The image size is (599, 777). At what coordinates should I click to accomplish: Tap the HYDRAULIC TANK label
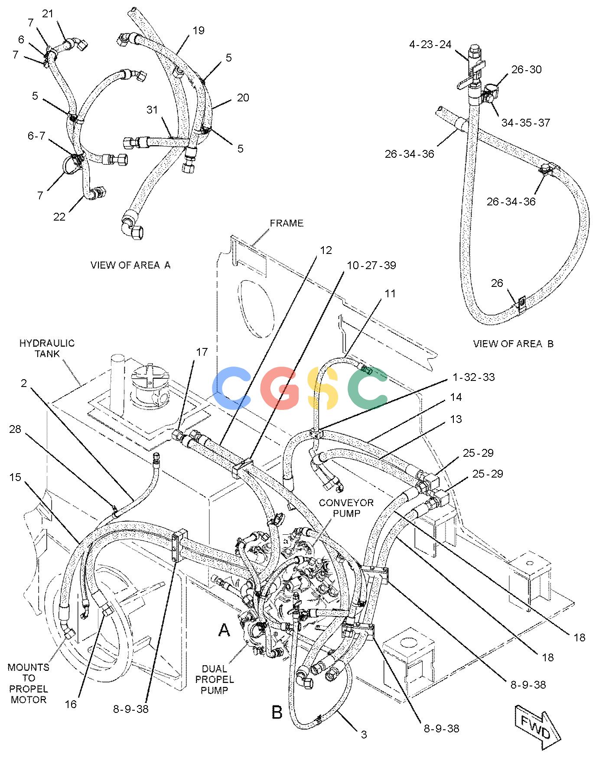coord(47,348)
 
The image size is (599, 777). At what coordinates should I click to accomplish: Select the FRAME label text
coord(286,223)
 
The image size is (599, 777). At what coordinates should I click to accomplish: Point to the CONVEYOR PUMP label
coord(346,508)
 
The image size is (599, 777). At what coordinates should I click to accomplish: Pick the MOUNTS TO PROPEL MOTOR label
coord(29,683)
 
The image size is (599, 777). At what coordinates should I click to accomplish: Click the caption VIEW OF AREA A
coord(130,265)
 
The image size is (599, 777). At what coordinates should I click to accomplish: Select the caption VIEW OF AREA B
coord(513,344)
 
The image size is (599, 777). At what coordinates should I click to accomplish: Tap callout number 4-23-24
coord(430,45)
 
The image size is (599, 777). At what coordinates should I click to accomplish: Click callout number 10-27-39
coord(371,265)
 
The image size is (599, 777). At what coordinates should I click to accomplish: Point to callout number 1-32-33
coord(474,377)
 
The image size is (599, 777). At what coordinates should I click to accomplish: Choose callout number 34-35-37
coord(526,123)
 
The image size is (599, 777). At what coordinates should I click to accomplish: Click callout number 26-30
coord(527,69)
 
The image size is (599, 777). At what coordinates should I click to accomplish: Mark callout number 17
coord(202,352)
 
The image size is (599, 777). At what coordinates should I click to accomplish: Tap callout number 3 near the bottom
coord(364,734)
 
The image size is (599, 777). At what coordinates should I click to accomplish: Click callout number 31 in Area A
coord(152,110)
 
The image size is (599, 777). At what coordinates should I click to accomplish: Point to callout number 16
coord(71,704)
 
